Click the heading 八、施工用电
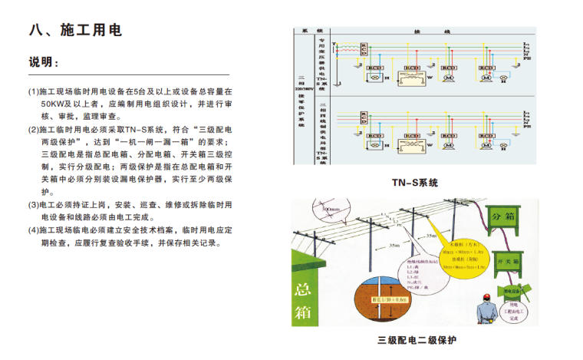75,31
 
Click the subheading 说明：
44,62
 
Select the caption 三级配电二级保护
417,340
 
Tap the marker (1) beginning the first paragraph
34,91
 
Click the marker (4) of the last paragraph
34,230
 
